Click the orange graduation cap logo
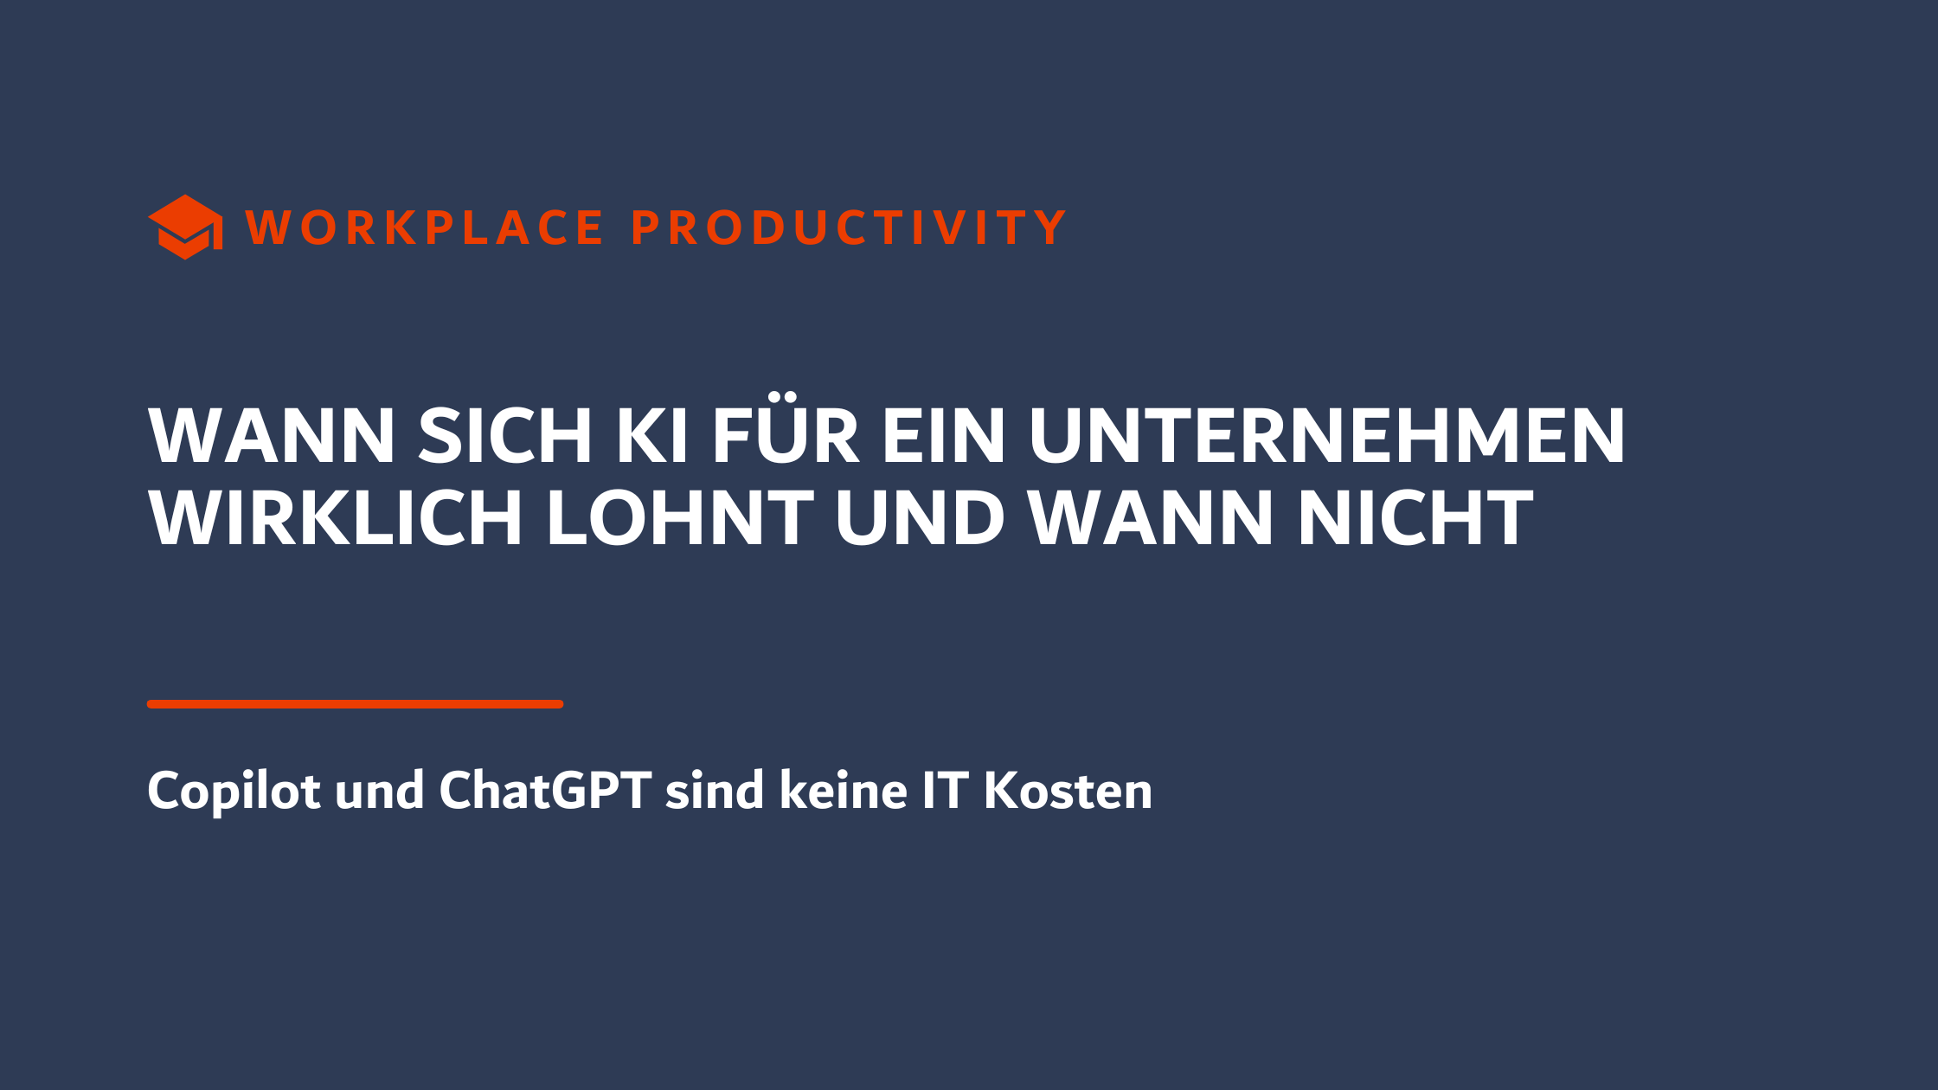[x=185, y=227]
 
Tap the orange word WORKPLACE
[x=425, y=228]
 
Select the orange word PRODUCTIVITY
[x=849, y=228]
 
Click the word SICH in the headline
[x=505, y=436]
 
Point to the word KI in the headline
[x=651, y=436]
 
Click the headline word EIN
[x=944, y=436]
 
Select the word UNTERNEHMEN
[x=1327, y=436]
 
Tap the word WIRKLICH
[x=336, y=518]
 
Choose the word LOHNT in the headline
[x=680, y=518]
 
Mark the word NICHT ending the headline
[x=1415, y=518]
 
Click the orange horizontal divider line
[x=355, y=704]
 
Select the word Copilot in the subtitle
[x=234, y=792]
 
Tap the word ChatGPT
[x=545, y=792]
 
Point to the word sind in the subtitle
[x=715, y=792]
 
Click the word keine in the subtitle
[x=843, y=792]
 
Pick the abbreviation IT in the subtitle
[x=945, y=792]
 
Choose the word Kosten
[x=1068, y=792]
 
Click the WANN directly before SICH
[x=272, y=436]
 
